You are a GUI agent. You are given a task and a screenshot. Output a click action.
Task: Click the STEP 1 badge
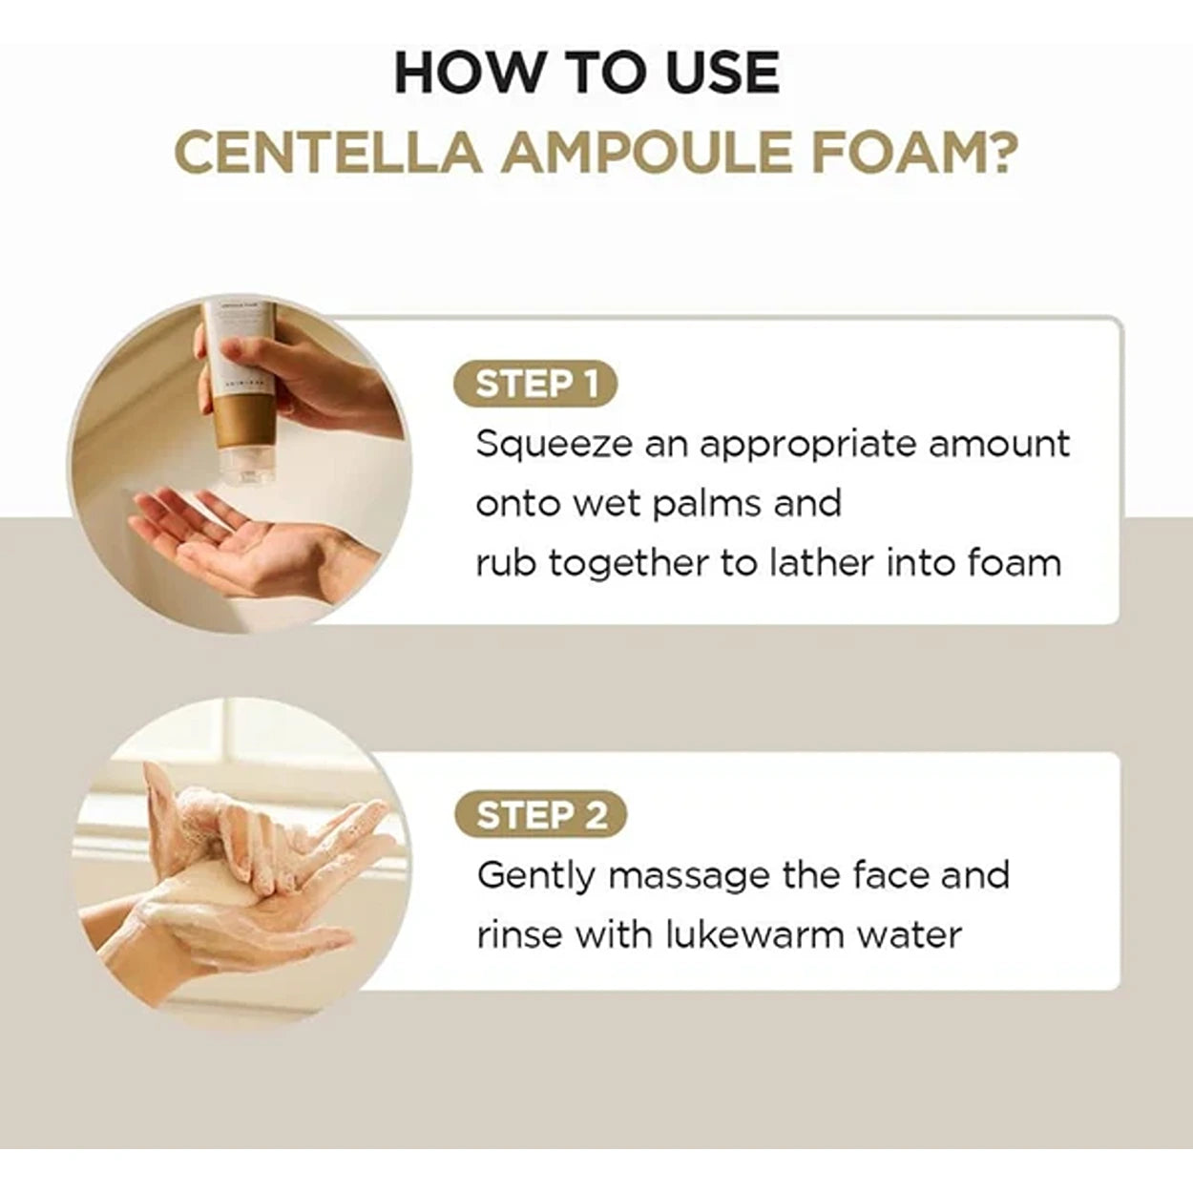536,384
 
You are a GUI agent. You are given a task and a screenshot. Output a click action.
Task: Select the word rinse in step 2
519,935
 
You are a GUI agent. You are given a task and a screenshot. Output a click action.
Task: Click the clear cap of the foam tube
246,464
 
